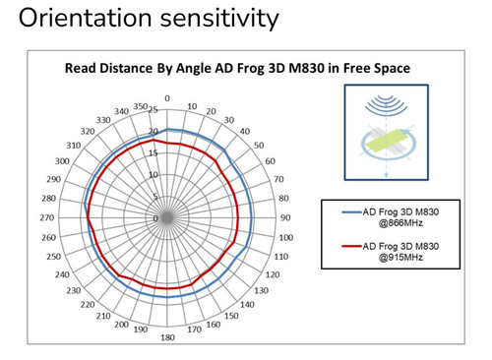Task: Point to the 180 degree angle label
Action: [x=167, y=337]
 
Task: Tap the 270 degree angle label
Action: [x=47, y=217]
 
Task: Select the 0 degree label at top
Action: [x=167, y=98]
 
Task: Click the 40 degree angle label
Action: [x=245, y=131]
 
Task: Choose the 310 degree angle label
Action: [x=73, y=145]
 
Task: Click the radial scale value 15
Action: [x=154, y=153]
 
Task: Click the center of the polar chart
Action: [x=167, y=217]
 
